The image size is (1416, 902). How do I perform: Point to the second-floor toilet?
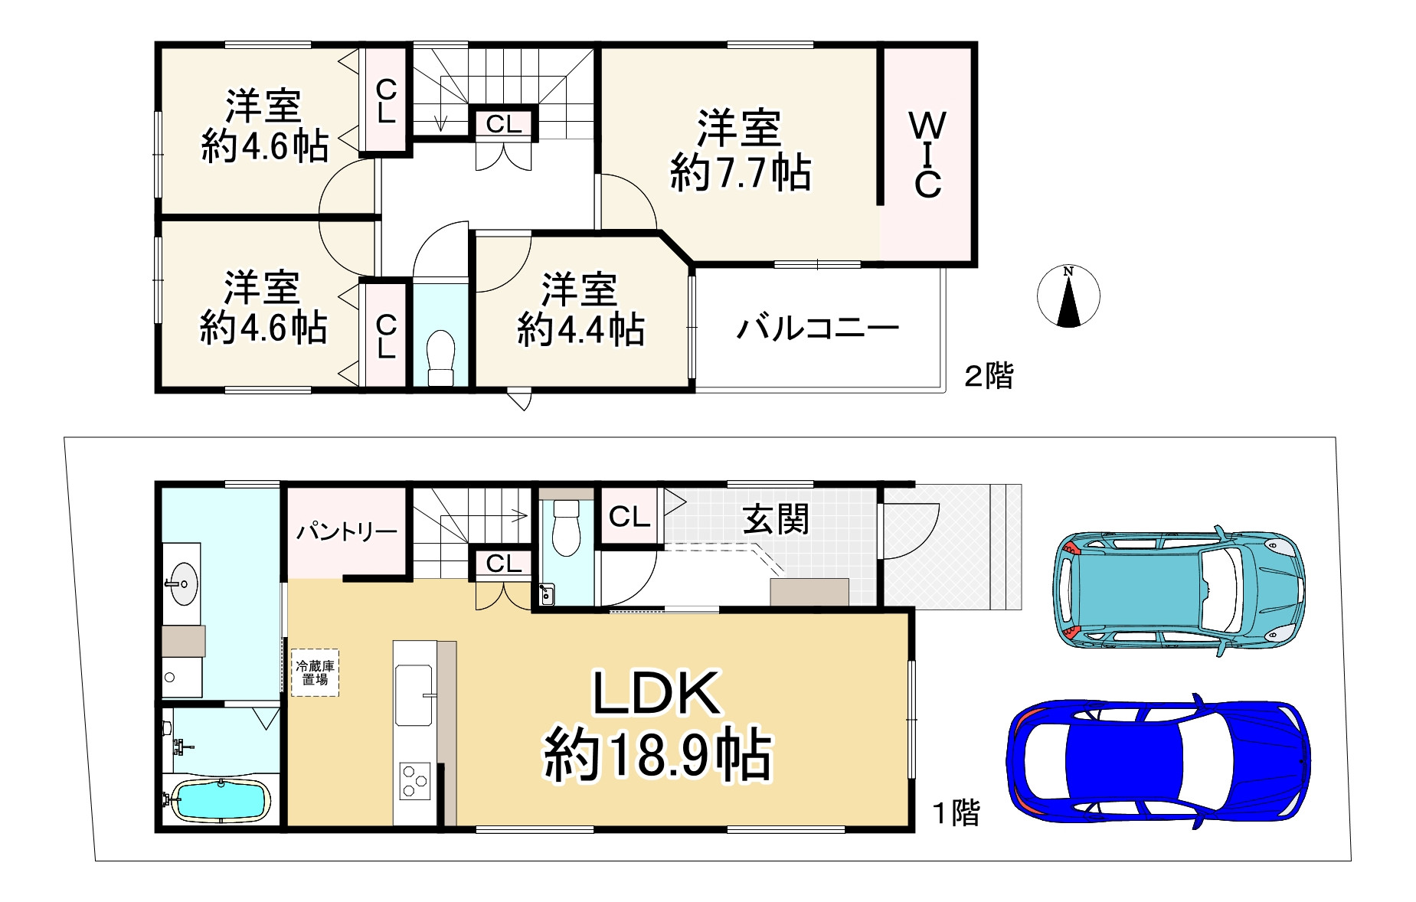440,357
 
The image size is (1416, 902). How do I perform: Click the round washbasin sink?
184,584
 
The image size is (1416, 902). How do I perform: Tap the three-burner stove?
414,782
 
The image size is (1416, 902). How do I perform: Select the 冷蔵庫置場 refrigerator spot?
315,672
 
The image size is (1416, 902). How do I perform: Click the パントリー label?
347,531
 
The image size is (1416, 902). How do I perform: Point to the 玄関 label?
776,521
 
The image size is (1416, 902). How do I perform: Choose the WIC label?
927,155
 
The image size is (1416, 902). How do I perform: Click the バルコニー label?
818,329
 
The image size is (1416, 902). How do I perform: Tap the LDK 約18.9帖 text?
657,724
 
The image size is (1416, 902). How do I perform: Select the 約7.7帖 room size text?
741,173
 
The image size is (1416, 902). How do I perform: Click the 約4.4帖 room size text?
580,330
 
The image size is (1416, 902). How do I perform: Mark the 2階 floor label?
988,376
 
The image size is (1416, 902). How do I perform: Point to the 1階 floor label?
956,812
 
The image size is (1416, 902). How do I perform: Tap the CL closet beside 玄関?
630,517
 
